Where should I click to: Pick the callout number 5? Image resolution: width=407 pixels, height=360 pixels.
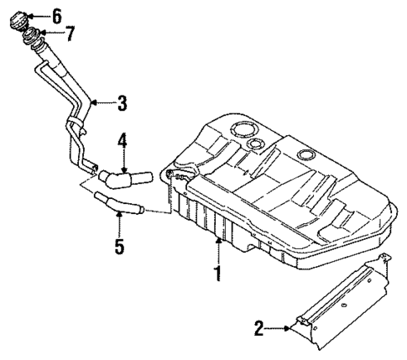pos(119,246)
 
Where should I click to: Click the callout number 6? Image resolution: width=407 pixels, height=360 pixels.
pos(56,15)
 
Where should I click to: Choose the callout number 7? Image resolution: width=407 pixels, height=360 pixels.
pos(70,34)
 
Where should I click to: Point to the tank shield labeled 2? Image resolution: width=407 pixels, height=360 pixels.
pos(344,302)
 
